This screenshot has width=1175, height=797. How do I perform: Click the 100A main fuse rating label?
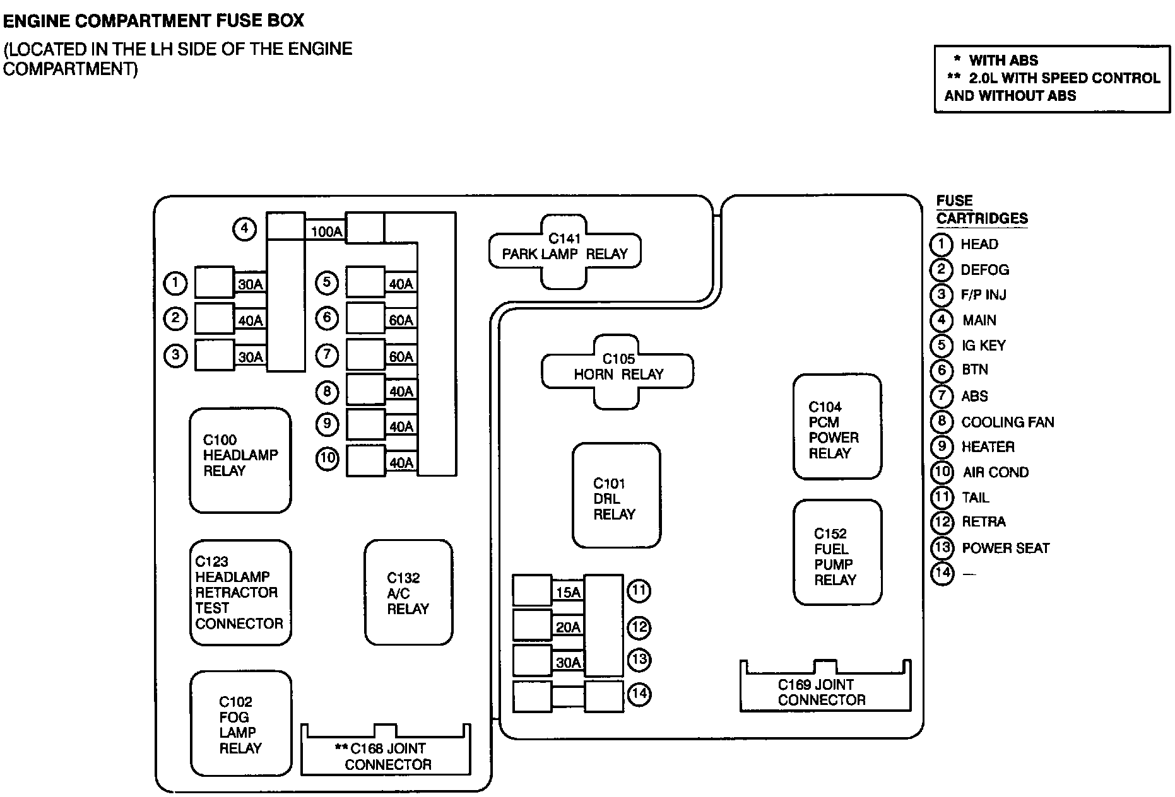tap(326, 232)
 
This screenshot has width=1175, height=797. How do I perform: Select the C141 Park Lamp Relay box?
tap(565, 252)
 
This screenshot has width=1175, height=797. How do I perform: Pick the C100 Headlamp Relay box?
tap(240, 460)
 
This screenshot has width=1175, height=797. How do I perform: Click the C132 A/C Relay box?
tap(408, 593)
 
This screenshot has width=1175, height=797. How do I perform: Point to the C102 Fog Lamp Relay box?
tap(240, 723)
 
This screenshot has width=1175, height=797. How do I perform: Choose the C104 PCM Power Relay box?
tap(837, 427)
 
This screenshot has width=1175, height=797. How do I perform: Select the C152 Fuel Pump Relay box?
tap(837, 553)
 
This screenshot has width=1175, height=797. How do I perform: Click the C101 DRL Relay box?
tap(616, 496)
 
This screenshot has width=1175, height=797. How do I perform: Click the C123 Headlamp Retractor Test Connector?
tap(240, 593)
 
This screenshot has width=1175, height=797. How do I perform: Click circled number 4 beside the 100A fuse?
tap(244, 228)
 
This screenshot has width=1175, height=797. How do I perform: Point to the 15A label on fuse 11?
tap(568, 593)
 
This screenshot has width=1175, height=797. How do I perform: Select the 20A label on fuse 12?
tap(568, 627)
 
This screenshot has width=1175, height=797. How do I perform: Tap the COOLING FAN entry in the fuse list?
tap(1007, 422)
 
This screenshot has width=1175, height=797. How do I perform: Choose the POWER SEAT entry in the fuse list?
tap(1005, 548)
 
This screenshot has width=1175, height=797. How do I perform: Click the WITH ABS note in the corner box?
tap(1003, 61)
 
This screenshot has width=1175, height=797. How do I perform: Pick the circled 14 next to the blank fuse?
tap(639, 694)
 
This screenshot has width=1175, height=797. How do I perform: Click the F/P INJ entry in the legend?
tap(983, 294)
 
